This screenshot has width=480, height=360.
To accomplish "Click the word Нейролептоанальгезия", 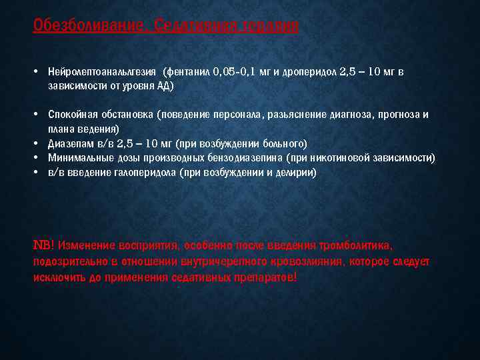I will pyautogui.click(x=102, y=72).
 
